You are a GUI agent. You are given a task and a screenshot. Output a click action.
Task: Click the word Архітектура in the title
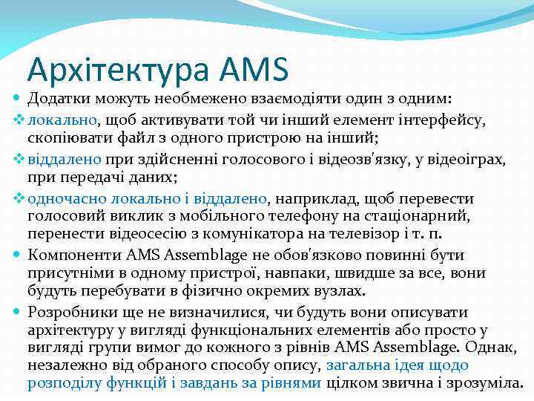tap(119, 69)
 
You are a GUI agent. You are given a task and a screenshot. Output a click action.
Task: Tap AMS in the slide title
tap(254, 69)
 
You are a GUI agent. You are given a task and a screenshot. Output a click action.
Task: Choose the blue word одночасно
tap(67, 198)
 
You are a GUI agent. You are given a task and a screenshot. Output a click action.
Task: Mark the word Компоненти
tap(68, 255)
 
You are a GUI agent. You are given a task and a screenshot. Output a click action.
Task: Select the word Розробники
tap(68, 311)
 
